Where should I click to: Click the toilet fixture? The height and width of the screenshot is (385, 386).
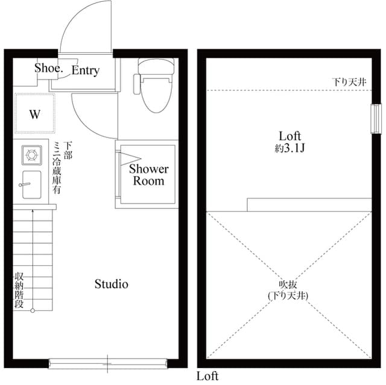coord(156,86)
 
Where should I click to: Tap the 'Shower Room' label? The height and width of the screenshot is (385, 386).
coord(148,174)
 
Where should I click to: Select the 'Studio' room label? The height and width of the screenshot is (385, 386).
coord(112,284)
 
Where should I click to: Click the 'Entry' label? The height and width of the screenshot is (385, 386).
coord(85,70)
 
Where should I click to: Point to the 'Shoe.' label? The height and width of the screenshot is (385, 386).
coord(48,68)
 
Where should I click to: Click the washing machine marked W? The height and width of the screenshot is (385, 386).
coord(34,114)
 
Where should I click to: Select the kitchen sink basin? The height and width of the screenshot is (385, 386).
coord(31,184)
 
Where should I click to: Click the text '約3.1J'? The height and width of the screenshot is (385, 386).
coord(288,148)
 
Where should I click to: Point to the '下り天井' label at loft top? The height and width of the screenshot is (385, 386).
coord(349,82)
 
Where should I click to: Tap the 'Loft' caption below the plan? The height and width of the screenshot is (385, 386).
coord(207,377)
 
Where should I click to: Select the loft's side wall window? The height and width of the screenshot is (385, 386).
coord(375,118)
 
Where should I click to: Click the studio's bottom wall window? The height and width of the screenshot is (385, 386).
coord(107,363)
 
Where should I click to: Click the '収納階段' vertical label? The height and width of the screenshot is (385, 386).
coord(19,291)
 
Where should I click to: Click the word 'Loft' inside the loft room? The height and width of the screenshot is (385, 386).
coord(289,136)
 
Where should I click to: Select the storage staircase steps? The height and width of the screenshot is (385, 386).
coord(34,259)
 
